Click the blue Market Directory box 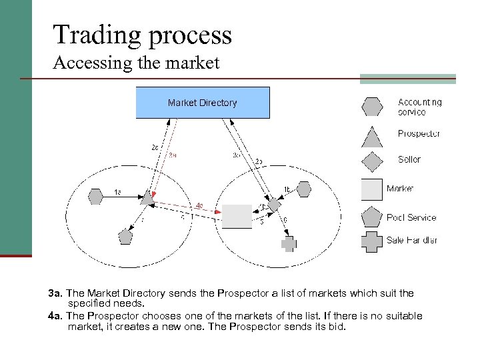203,103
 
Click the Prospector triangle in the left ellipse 147,198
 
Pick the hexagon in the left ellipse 96,196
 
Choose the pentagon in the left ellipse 125,236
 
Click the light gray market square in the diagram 237,217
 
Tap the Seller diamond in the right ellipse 274,205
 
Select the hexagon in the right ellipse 304,190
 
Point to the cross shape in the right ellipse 288,244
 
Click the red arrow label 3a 172,155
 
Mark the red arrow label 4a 200,205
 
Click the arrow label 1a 117,192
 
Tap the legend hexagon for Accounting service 371,107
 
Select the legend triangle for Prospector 371,135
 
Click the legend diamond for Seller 371,161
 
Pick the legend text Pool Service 411,217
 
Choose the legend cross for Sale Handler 372,241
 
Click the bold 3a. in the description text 55,293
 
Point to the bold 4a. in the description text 55,316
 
